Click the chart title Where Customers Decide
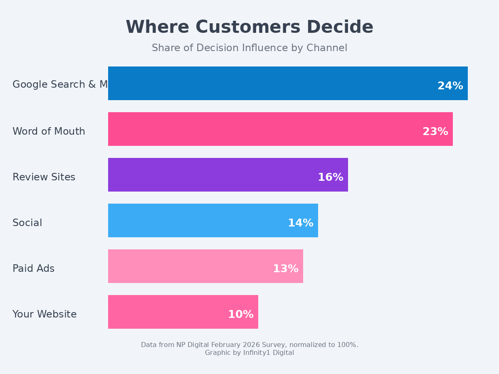tap(249, 27)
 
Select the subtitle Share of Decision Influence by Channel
tap(249, 48)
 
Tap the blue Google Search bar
tap(270, 83)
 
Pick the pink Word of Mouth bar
tap(262, 129)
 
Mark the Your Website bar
tap(166, 312)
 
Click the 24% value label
tap(450, 86)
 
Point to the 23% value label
tap(435, 132)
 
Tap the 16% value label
tap(330, 177)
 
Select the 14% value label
tap(300, 223)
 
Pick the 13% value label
tap(285, 269)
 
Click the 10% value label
tap(240, 315)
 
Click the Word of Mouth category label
tap(49, 132)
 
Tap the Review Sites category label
tap(44, 177)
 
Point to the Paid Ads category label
tap(33, 269)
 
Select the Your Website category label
tap(44, 315)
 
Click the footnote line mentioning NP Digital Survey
tap(249, 345)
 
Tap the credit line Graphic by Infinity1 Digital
tap(249, 353)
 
